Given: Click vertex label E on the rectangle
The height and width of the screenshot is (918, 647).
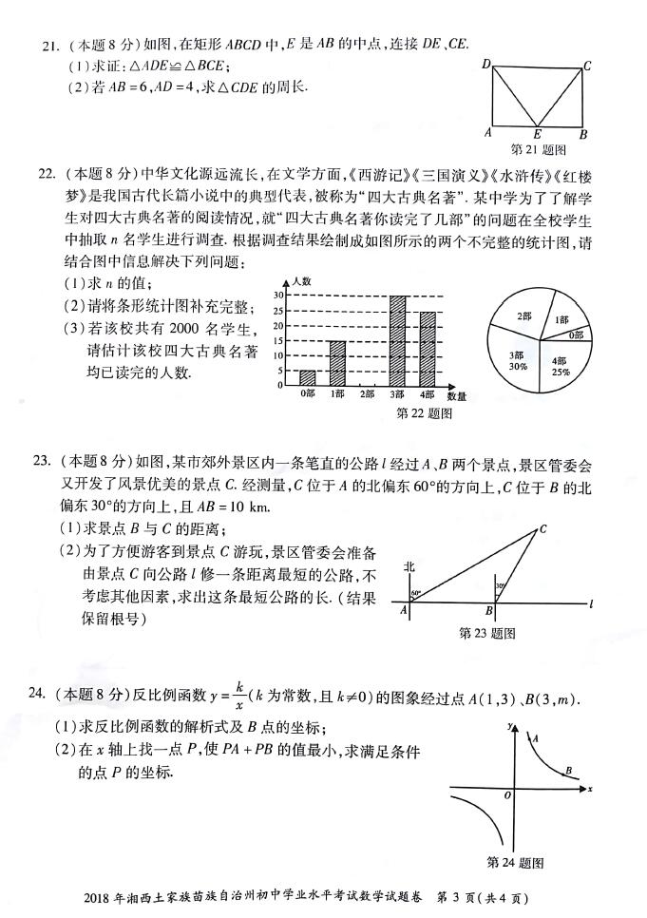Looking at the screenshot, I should coord(538,134).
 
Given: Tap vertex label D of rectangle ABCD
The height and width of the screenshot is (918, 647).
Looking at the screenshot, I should coord(485,64).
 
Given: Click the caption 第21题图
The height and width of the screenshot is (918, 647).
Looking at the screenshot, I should coord(538,150).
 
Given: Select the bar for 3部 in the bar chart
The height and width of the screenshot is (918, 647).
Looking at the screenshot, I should coord(397,340).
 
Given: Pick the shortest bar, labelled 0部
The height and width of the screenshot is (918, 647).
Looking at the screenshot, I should coord(308,377).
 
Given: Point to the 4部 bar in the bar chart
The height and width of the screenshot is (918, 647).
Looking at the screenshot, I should coord(427,348).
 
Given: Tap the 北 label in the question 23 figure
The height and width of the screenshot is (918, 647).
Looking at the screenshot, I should coord(408,566).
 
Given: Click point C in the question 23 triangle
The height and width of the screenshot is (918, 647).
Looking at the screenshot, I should coord(542,529).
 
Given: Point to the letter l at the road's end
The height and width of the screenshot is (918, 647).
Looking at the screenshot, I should coord(591,602).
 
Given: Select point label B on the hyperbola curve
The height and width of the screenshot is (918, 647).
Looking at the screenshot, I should coord(567,771).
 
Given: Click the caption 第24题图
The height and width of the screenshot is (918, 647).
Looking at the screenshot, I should coord(514,862).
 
